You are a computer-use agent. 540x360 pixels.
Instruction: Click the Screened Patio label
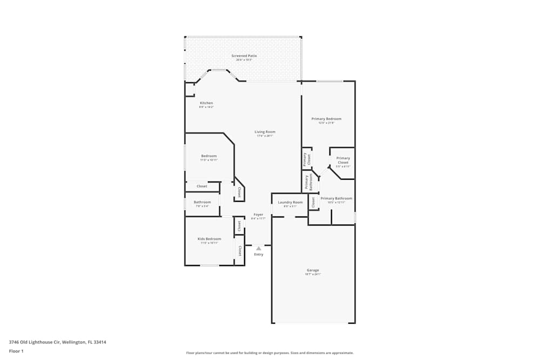(244, 56)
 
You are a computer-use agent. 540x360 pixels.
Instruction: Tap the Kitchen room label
(206, 103)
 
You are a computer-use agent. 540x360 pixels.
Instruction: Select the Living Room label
(265, 132)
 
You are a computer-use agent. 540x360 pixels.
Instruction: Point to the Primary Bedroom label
(326, 119)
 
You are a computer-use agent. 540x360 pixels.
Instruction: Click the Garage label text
(313, 270)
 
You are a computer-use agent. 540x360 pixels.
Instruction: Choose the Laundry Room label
(290, 202)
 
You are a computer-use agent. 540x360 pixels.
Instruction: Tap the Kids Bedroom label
(209, 239)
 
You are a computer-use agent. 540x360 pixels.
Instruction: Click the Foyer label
(258, 214)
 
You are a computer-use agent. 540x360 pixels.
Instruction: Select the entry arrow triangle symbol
(259, 248)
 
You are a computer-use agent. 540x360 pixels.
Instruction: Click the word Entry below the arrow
(259, 254)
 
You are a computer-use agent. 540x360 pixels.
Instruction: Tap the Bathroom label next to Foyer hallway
(202, 202)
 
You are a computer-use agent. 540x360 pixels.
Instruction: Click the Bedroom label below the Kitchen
(209, 156)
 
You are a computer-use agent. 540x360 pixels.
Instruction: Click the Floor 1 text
(16, 351)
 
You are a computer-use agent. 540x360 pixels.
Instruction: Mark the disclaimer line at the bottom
(270, 353)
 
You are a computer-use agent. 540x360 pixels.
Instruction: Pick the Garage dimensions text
(313, 274)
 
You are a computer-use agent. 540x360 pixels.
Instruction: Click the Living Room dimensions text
(265, 136)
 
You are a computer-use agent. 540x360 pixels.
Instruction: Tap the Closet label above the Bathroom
(201, 186)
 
